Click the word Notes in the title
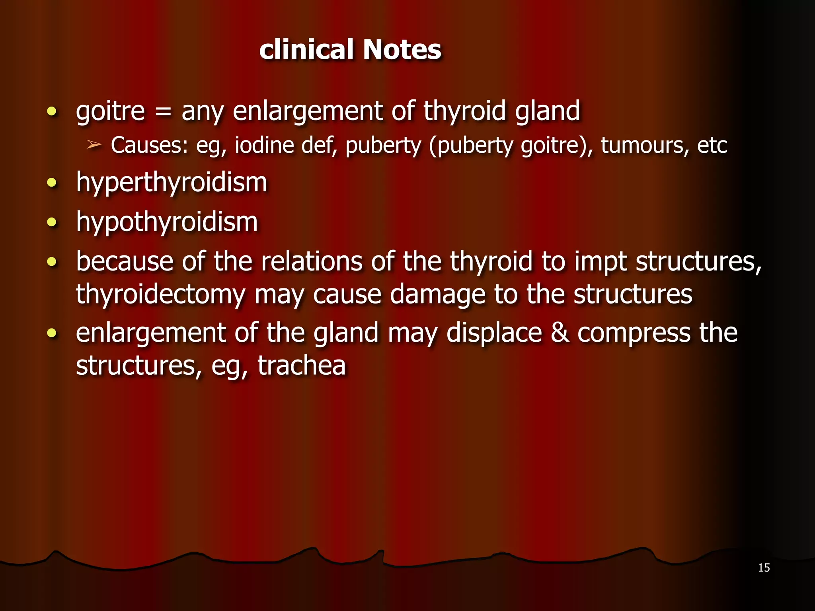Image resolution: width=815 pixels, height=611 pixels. point(402,50)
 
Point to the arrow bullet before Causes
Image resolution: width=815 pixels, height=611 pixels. point(94,145)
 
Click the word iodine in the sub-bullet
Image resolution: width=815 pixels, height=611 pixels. point(264,145)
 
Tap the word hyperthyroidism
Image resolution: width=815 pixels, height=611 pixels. point(172,183)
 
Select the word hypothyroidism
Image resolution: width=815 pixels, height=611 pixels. point(167,222)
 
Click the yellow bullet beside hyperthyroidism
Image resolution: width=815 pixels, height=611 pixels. point(52,183)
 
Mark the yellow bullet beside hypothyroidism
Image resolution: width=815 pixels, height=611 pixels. point(52,222)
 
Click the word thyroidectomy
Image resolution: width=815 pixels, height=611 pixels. point(160,295)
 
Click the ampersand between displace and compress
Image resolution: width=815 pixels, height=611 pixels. point(560,333)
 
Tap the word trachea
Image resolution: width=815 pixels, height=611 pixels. point(302,366)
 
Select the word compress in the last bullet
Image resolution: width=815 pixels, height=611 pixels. point(634,333)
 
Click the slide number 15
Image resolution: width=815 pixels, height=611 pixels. point(764,568)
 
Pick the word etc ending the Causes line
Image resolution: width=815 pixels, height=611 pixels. point(712,145)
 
